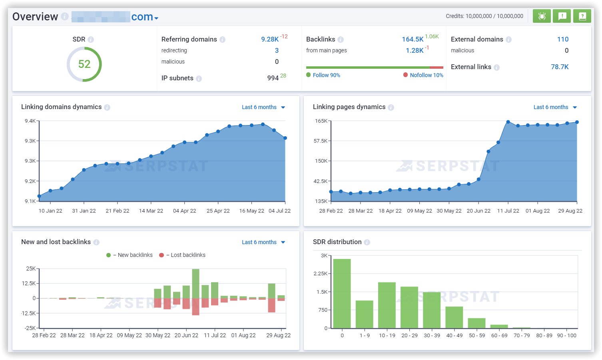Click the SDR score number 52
click(x=84, y=64)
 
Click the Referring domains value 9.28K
click(x=270, y=39)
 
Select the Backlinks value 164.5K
click(x=413, y=39)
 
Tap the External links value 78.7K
click(x=560, y=67)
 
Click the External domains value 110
click(x=563, y=39)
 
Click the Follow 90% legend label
click(x=326, y=75)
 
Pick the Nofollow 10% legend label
click(x=426, y=75)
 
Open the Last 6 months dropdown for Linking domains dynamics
click(x=263, y=107)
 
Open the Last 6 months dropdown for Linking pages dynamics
click(x=555, y=107)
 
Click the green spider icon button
click(x=542, y=16)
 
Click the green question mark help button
click(x=582, y=16)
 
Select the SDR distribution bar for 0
click(x=342, y=294)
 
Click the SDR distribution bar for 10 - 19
click(x=387, y=305)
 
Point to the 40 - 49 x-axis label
click(x=454, y=335)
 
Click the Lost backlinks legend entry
click(x=188, y=255)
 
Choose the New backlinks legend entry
click(x=135, y=255)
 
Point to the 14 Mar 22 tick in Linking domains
click(x=151, y=211)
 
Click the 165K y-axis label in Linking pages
click(x=321, y=121)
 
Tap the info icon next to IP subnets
click(x=199, y=79)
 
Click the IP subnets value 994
click(x=273, y=78)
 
